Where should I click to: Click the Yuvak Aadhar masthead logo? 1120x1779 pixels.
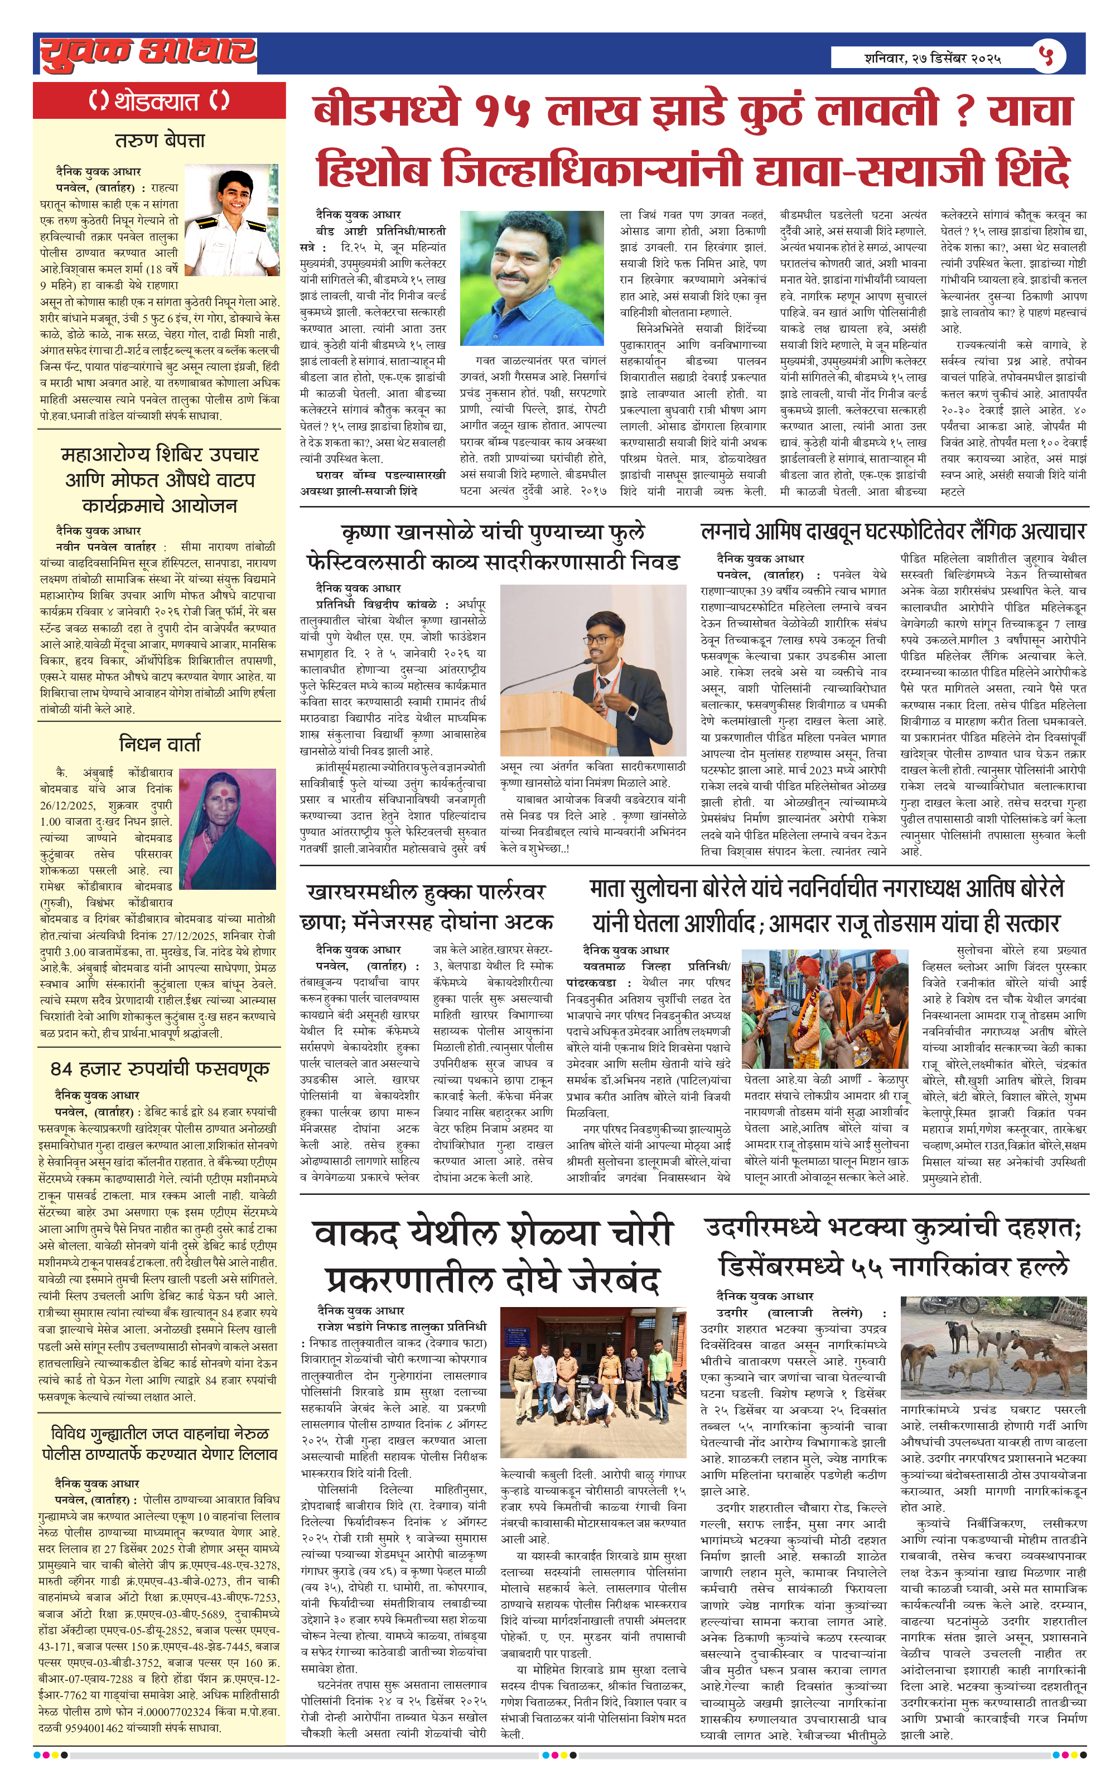coord(148,53)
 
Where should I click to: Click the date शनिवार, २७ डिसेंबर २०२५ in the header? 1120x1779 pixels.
coord(933,57)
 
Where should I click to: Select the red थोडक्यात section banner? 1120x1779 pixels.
coord(159,100)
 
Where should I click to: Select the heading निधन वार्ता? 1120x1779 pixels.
coord(160,743)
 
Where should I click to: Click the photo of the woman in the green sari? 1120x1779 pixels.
coord(228,828)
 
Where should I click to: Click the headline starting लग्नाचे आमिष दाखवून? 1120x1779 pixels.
coord(892,531)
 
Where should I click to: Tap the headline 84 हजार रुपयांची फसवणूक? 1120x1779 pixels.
coord(160,1068)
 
